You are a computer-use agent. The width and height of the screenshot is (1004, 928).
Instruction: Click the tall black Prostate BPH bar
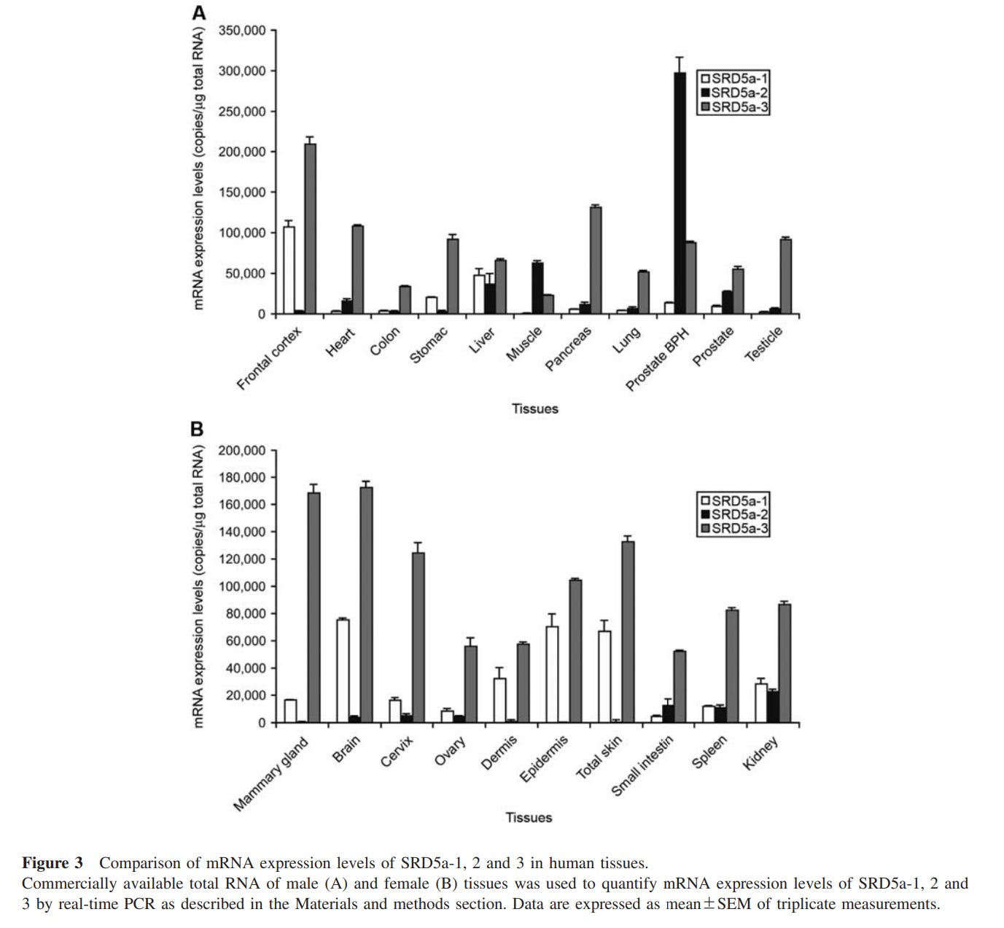[680, 193]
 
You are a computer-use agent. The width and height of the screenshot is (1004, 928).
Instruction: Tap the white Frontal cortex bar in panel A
[289, 270]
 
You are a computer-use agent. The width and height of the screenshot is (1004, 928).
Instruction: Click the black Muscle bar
[537, 288]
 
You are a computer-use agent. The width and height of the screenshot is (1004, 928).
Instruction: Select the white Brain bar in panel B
[343, 670]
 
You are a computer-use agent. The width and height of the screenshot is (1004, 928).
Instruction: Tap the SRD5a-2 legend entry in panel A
[734, 93]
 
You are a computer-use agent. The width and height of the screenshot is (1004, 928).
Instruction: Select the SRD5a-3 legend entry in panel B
[734, 528]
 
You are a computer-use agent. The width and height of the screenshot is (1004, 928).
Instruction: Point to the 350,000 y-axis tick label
[242, 31]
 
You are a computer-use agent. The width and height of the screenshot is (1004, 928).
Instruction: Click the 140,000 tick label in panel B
[242, 532]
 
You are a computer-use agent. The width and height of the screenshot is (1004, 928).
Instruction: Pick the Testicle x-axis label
[763, 344]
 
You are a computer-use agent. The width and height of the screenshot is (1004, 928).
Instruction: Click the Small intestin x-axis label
[642, 766]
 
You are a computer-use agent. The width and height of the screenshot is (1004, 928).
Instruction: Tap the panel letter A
[198, 12]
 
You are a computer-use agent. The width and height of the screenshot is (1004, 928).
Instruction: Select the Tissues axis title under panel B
[529, 817]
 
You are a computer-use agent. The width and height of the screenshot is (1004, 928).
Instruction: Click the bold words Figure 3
[52, 863]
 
